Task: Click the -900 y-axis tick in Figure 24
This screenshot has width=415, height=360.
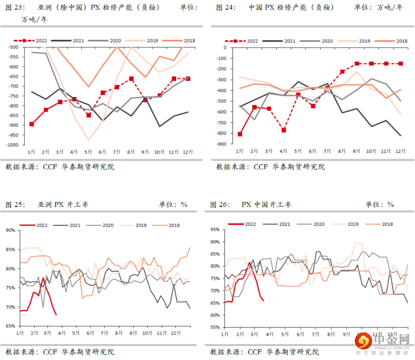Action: [x=222, y=144]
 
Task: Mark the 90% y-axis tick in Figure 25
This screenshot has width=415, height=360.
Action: [x=10, y=230]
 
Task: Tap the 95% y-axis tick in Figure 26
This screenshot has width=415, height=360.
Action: [x=216, y=230]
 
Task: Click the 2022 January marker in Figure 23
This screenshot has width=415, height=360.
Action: [x=32, y=124]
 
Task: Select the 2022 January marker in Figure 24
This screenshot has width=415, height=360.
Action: [x=240, y=134]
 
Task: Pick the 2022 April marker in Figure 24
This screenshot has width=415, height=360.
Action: [x=283, y=130]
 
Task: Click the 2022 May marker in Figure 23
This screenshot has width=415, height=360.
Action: [x=89, y=115]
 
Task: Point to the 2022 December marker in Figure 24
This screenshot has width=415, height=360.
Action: [x=401, y=63]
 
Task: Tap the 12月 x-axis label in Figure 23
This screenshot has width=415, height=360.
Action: [x=188, y=152]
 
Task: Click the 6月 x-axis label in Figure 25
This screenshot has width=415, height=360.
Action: [x=90, y=332]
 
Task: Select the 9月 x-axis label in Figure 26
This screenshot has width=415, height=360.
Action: [x=347, y=335]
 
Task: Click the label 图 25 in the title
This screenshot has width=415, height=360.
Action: [x=15, y=205]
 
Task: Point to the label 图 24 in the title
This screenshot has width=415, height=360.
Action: [x=226, y=8]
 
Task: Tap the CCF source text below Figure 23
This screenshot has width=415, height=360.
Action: [x=51, y=167]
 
